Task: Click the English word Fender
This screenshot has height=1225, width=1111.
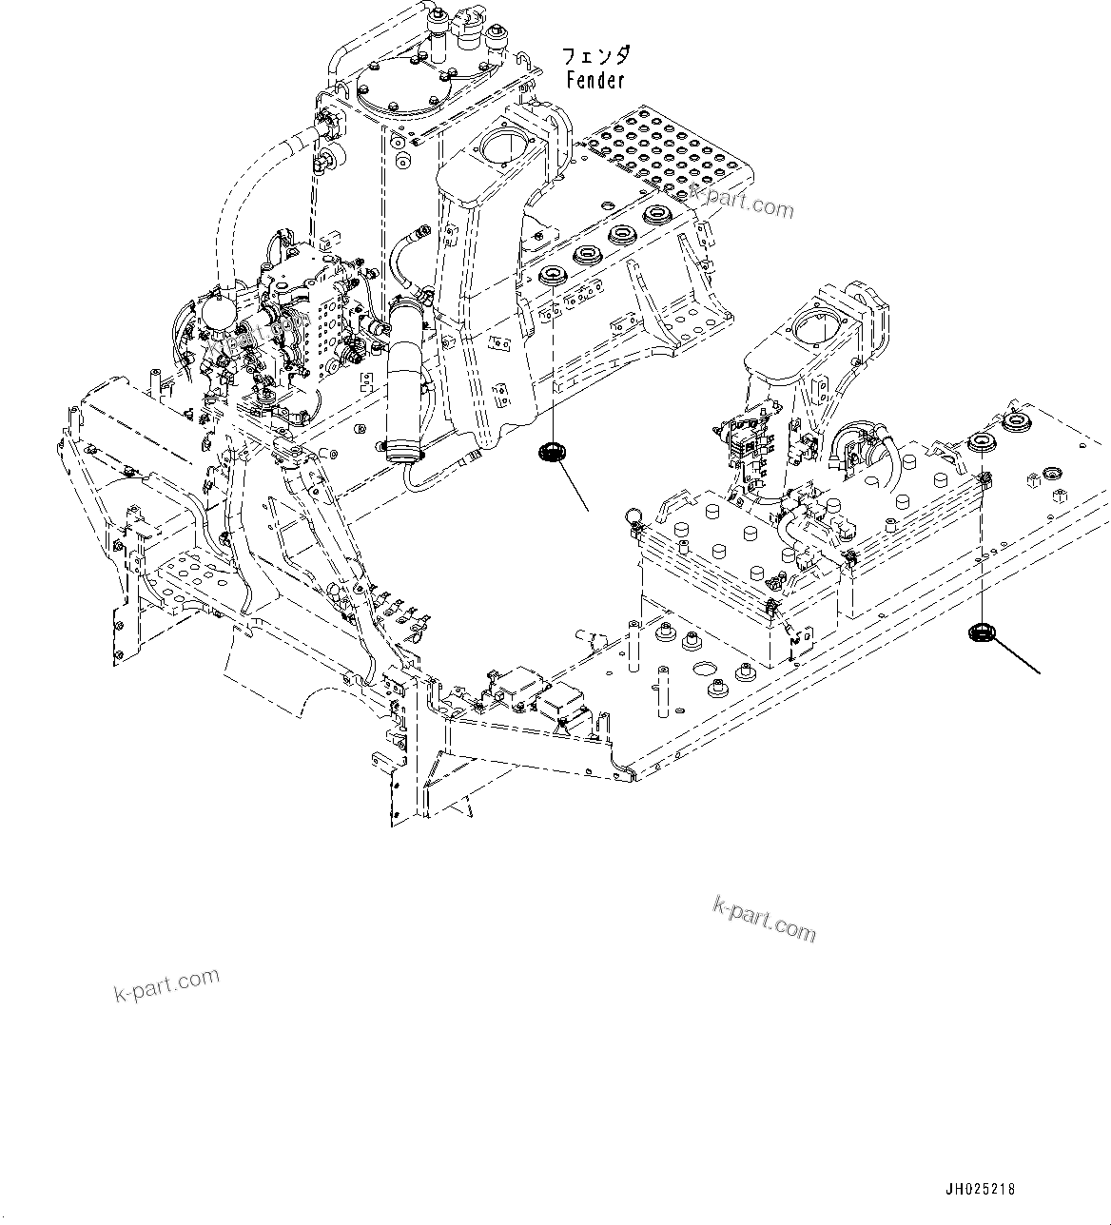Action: (x=595, y=81)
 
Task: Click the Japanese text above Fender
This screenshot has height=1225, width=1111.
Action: (x=596, y=56)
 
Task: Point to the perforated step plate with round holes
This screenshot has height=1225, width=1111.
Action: (x=672, y=152)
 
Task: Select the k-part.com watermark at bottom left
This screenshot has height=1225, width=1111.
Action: (x=166, y=984)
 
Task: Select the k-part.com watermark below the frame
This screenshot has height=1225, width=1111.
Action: (x=764, y=919)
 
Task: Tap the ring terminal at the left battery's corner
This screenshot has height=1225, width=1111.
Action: (x=631, y=515)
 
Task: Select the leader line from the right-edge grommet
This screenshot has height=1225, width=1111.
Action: (x=1018, y=657)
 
